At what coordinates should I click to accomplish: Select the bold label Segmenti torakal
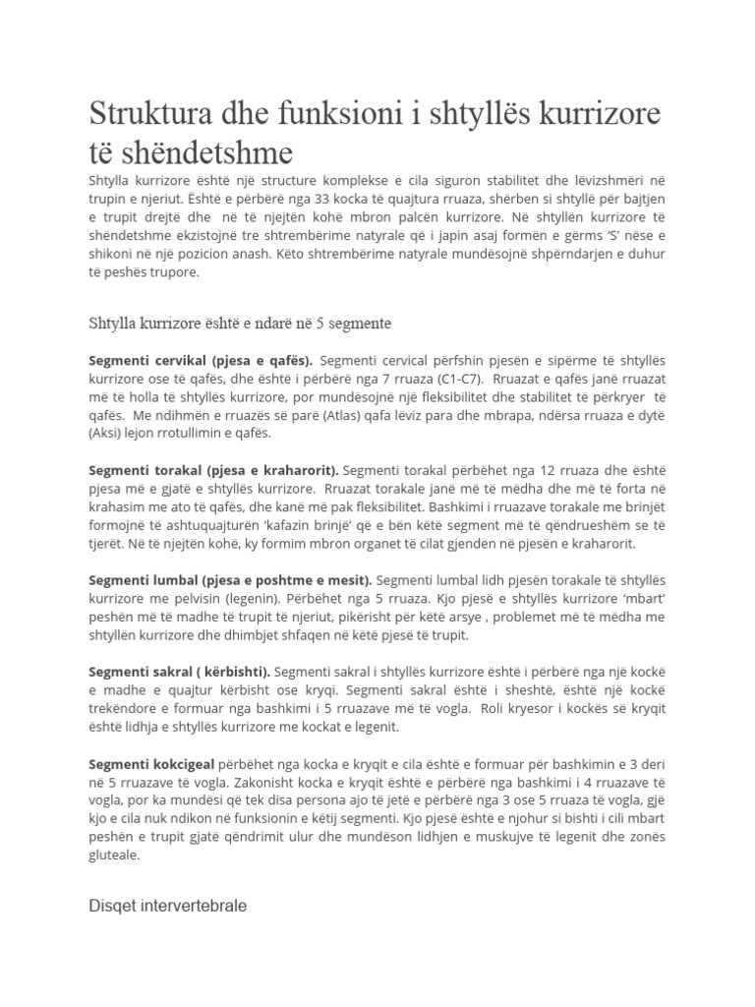point(149,469)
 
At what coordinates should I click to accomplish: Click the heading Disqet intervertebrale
point(168,906)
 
